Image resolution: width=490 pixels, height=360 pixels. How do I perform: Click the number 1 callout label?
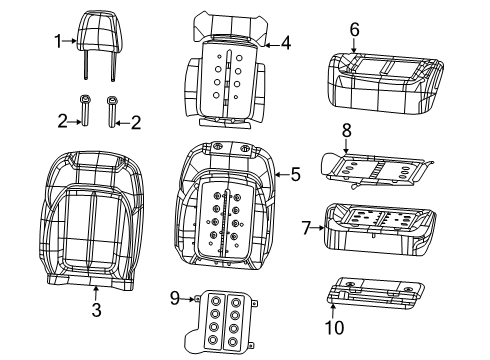[57, 41]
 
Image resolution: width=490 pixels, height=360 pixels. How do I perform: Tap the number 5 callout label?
[295, 175]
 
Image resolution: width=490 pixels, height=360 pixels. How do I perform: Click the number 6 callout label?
[354, 32]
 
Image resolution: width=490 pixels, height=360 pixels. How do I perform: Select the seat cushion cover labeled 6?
[382, 80]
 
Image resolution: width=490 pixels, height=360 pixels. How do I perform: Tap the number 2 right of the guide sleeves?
[137, 122]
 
